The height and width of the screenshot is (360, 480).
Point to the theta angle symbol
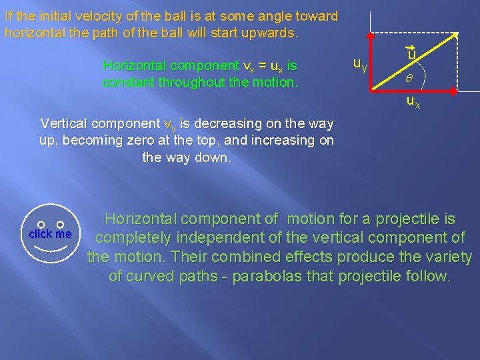411,79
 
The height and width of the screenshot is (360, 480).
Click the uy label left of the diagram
359,64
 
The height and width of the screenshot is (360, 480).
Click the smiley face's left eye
40,225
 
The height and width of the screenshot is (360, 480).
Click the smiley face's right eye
60,225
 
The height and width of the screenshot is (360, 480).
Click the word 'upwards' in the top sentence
267,32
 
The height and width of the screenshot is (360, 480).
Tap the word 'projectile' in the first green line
409,219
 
